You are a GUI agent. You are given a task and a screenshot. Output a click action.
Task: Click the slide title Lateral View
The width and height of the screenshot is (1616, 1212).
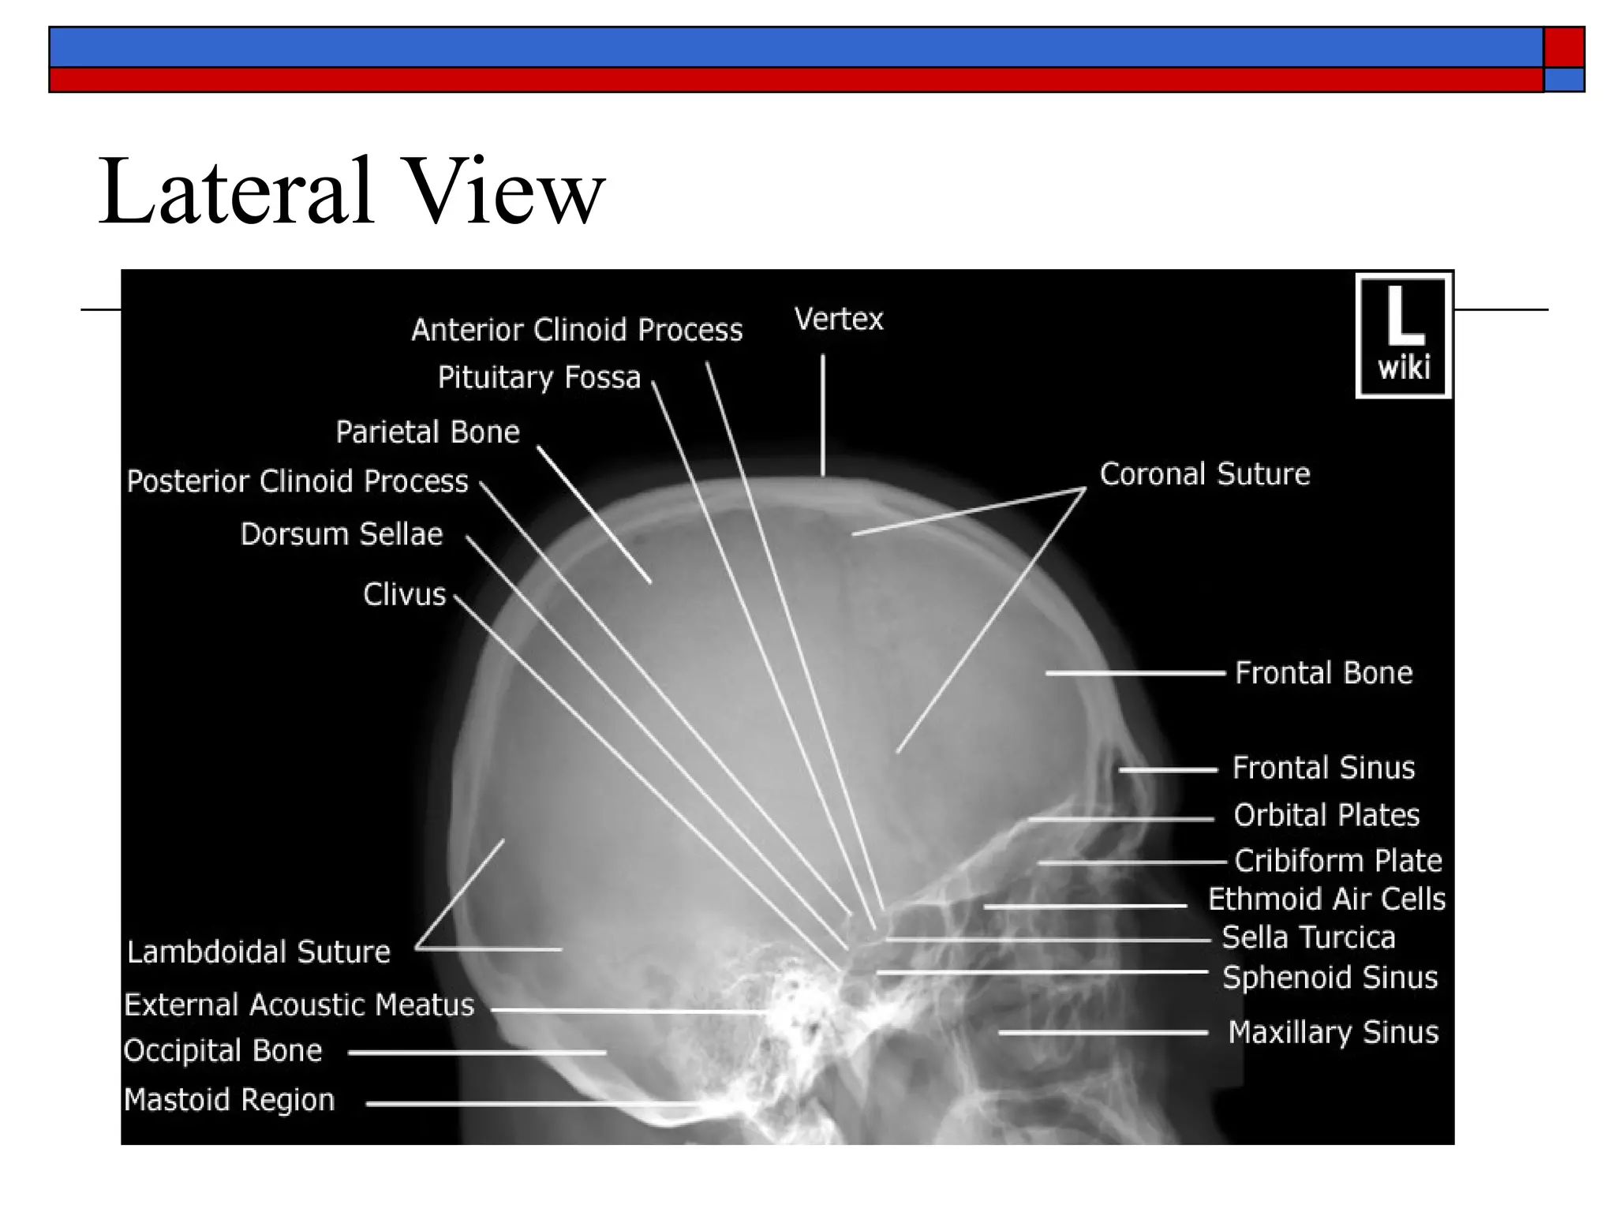pos(351,192)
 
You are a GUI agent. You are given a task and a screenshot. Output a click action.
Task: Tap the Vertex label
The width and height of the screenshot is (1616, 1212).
pos(839,320)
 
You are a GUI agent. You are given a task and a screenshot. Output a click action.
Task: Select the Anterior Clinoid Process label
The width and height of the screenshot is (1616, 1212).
pos(577,331)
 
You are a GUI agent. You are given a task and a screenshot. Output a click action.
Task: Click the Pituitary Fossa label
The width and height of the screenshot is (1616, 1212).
pos(539,378)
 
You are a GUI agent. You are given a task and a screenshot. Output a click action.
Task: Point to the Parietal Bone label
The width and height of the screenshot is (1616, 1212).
pos(428,432)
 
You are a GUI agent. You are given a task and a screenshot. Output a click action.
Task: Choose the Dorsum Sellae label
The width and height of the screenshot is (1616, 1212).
pos(342,535)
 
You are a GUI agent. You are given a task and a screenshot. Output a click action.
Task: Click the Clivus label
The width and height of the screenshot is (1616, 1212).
pos(405,595)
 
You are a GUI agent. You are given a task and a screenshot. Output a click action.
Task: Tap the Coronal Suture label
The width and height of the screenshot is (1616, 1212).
pos(1205,474)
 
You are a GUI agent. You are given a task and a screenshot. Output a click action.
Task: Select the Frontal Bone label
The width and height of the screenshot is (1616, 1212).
pos(1323,673)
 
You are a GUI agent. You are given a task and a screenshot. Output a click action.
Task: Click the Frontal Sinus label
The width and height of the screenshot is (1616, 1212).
pos(1323,768)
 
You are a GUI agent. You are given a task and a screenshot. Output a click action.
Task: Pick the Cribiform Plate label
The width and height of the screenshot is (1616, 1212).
pos(1337,861)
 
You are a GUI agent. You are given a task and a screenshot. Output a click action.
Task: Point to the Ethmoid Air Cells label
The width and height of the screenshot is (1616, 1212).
pos(1326,900)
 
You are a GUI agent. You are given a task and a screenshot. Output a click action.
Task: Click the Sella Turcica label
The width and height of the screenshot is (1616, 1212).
pos(1308,938)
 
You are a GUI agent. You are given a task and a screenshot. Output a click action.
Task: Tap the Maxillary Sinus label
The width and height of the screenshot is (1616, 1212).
pos(1333,1033)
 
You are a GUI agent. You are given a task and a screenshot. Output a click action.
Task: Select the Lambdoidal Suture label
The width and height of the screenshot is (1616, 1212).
pos(259,952)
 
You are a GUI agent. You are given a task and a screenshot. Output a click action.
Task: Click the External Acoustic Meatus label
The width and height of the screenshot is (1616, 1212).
pos(299,1005)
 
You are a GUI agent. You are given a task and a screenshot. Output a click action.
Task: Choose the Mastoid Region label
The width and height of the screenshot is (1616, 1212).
pos(230,1100)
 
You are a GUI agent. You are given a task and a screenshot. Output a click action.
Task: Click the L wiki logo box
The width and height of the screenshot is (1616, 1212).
pos(1403,336)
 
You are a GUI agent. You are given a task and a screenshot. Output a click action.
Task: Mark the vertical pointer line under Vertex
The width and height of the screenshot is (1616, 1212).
pos(823,414)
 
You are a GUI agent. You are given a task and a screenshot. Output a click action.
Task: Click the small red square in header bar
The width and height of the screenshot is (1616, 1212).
pos(1563,47)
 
